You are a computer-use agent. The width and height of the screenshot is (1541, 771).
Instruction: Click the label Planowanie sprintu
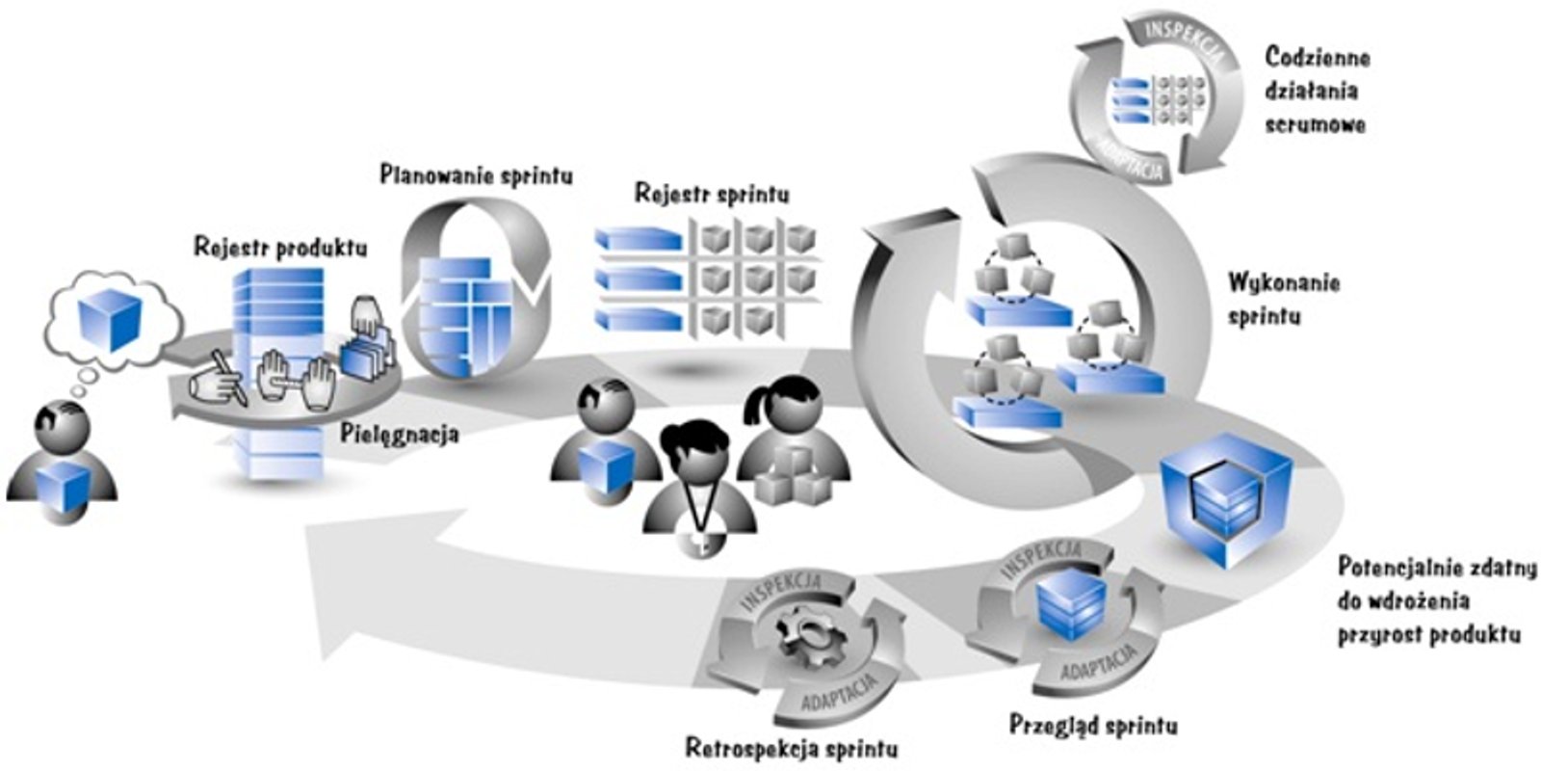pos(476,175)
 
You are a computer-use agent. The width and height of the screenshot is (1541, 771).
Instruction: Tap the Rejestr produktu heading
pos(280,247)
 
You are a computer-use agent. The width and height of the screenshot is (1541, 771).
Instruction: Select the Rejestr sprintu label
pos(712,193)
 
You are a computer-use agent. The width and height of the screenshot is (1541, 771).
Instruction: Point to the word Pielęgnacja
pos(400,434)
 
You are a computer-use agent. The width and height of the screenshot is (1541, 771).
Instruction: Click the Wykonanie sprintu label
pos(1283,283)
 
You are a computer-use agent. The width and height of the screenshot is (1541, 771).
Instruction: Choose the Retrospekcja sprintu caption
pos(792,747)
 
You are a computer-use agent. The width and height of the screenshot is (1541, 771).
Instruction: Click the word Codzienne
pos(1318,57)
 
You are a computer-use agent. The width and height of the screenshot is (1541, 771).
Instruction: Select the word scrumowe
pos(1316,124)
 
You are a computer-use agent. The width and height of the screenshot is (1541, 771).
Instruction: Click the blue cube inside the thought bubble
pos(110,318)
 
